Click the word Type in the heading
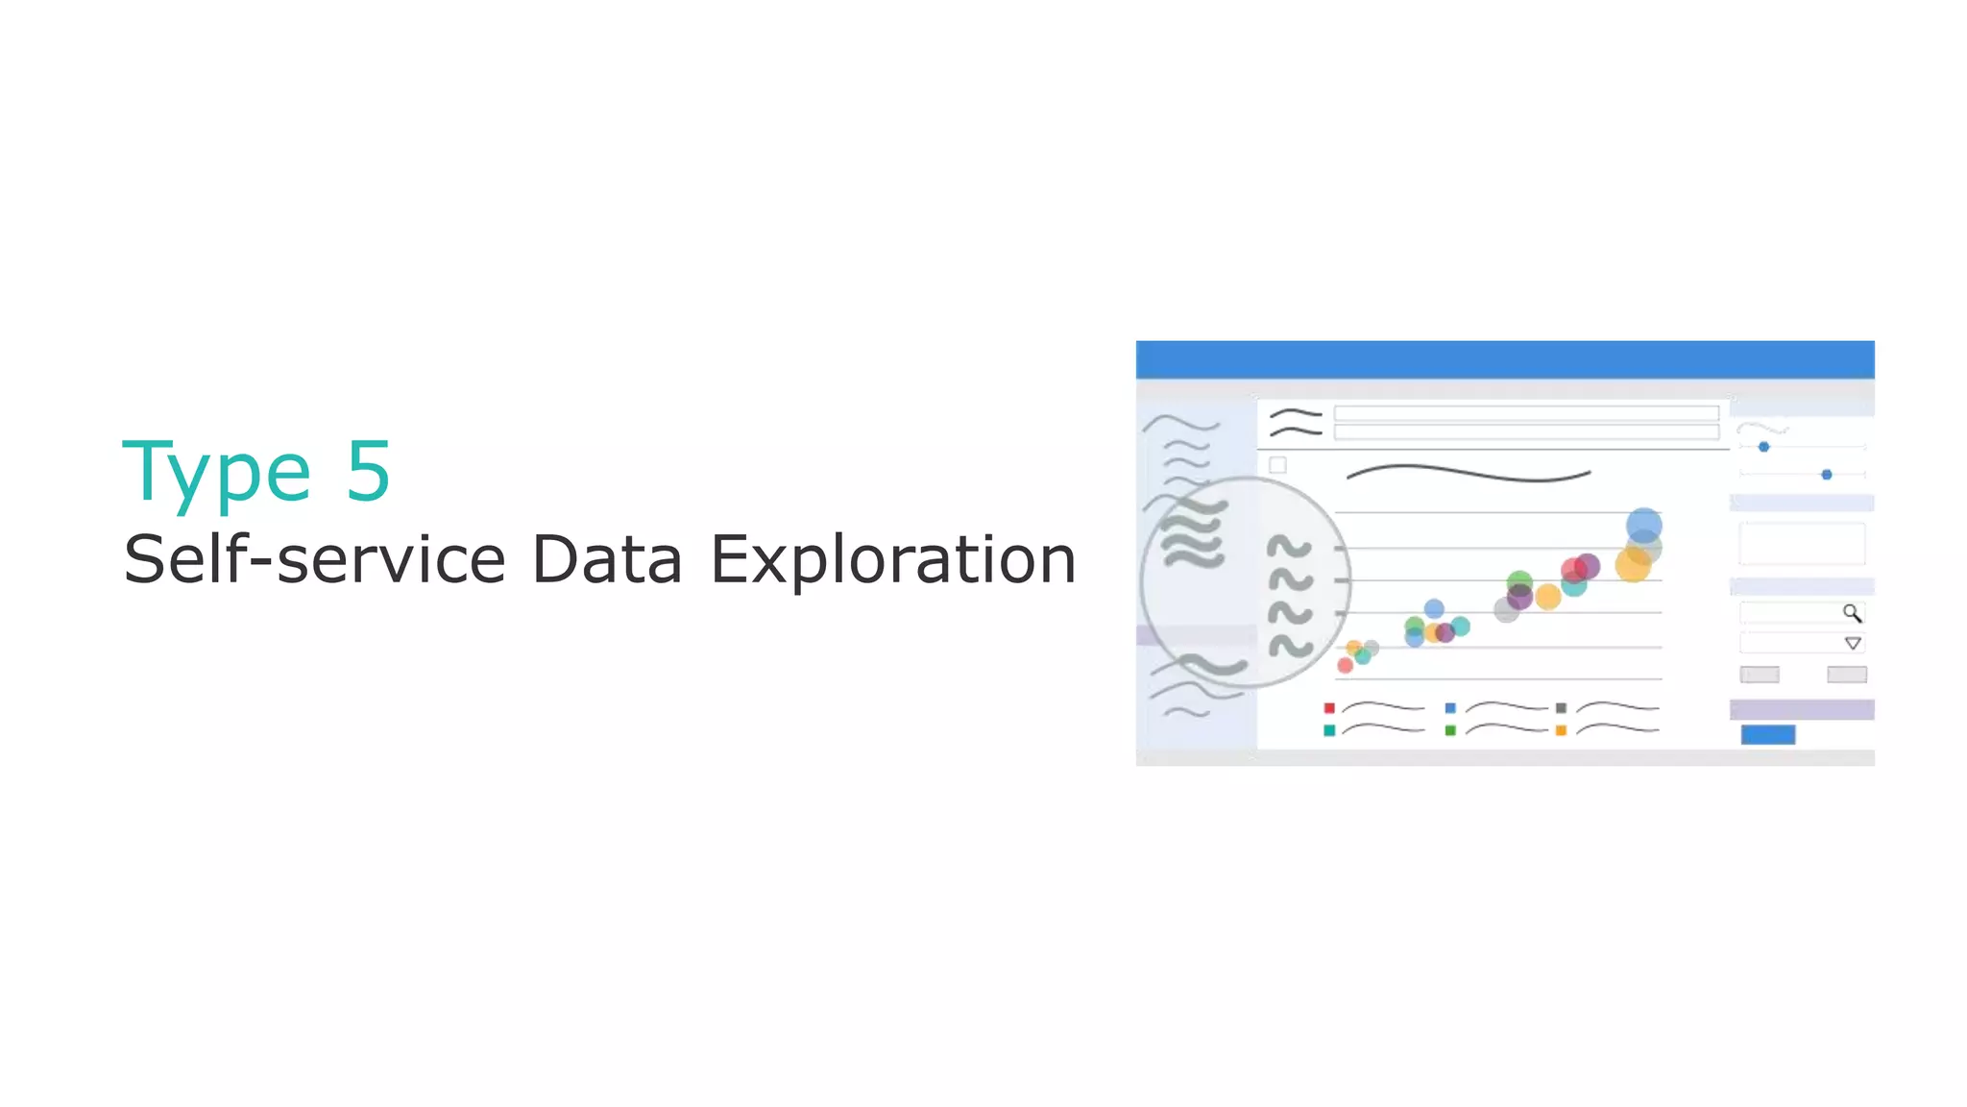point(217,472)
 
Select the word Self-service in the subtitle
point(314,559)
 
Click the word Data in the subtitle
point(606,559)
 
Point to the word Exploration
point(892,559)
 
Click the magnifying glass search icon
point(1852,613)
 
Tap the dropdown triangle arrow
point(1853,643)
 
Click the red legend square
point(1329,708)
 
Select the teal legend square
point(1329,730)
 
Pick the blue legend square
point(1450,708)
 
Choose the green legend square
point(1450,730)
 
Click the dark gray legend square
point(1561,708)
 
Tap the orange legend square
point(1561,730)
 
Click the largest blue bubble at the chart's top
point(1643,525)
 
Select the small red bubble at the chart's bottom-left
point(1346,665)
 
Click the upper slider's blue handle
point(1763,447)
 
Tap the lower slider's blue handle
point(1827,475)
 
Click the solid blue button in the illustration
point(1767,735)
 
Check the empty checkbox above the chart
point(1277,465)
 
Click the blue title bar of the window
point(1504,359)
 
